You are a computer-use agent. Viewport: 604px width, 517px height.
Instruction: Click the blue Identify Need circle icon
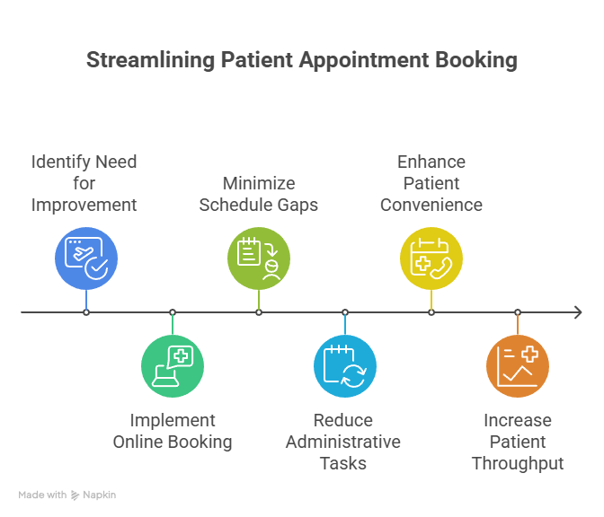click(x=86, y=258)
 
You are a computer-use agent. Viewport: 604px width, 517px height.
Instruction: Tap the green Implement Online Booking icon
click(x=173, y=366)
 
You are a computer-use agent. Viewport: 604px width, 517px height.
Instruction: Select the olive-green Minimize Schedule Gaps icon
click(x=259, y=258)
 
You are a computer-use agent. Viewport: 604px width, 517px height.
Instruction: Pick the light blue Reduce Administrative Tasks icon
click(x=345, y=366)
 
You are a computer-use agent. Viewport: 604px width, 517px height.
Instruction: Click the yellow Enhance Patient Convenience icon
click(x=431, y=258)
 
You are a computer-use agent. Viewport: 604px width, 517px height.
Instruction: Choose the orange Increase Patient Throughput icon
click(x=518, y=366)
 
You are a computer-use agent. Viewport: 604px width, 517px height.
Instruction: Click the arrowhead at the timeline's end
click(x=577, y=312)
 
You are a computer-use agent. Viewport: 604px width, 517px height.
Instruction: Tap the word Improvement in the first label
click(x=84, y=205)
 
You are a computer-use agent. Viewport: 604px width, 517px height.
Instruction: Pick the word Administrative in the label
click(x=343, y=442)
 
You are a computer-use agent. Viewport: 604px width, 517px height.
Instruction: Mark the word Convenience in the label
click(x=431, y=205)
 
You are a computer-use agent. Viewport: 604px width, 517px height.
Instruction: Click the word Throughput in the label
click(x=518, y=463)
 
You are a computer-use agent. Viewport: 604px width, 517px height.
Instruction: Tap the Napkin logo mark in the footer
click(x=75, y=495)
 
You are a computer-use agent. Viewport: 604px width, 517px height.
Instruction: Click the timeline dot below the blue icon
click(x=86, y=312)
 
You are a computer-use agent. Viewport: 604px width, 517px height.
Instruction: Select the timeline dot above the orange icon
click(x=518, y=312)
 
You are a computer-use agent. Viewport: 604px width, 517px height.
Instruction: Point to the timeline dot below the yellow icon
click(x=431, y=312)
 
